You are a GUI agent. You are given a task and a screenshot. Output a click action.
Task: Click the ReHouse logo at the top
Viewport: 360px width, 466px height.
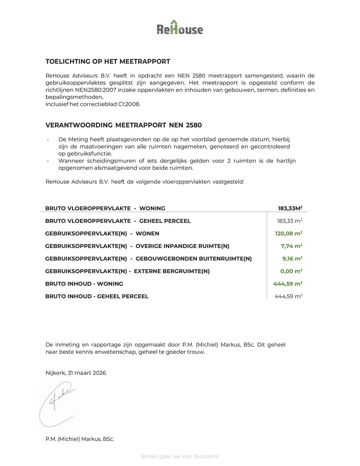click(180, 28)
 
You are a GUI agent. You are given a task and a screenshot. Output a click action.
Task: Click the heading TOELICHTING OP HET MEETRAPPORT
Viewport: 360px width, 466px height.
click(108, 61)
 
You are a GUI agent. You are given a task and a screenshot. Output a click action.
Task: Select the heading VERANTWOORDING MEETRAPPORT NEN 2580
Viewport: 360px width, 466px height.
click(124, 125)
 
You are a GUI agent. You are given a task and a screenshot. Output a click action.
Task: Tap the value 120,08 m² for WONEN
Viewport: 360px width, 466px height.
click(289, 234)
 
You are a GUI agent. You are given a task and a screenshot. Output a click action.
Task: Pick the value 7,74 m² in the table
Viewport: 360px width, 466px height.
click(291, 246)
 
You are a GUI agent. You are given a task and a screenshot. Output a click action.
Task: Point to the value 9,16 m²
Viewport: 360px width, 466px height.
click(292, 259)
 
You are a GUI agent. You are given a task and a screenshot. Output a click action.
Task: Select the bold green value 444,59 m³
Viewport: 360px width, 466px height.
click(288, 284)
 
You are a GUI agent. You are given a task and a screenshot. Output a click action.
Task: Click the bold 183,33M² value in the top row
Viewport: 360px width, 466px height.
click(290, 208)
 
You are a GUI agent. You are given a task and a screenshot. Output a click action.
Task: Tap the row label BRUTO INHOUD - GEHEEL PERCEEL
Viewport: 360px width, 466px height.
click(97, 296)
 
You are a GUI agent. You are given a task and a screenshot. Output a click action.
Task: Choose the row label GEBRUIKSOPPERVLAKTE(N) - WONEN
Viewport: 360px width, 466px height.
click(102, 234)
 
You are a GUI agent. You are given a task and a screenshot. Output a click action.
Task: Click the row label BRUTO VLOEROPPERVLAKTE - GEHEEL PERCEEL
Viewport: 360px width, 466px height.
click(118, 221)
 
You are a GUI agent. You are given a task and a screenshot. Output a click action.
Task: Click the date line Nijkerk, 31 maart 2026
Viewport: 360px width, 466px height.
click(76, 373)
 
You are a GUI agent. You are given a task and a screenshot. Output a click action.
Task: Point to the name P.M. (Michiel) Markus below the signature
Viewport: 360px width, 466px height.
click(80, 439)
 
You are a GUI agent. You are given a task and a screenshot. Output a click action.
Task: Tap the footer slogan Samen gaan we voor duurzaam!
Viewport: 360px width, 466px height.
click(180, 457)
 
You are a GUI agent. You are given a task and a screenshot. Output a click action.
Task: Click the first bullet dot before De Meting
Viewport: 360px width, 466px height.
click(48, 139)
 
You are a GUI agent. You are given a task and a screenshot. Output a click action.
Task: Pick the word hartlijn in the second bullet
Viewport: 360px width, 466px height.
click(285, 161)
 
